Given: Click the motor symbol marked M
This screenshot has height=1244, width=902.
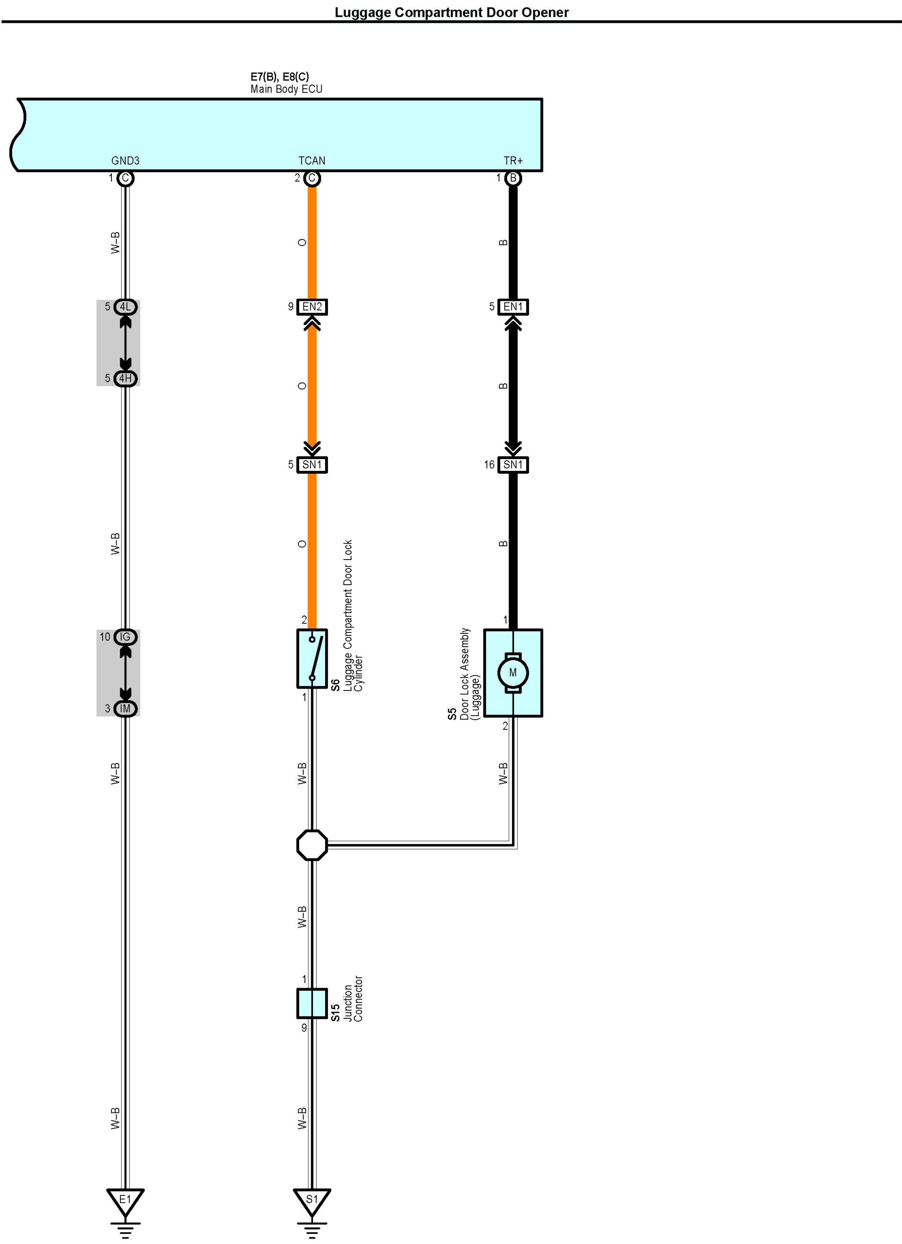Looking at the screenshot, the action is click(x=512, y=672).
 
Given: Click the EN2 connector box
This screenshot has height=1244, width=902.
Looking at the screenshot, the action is click(x=312, y=307).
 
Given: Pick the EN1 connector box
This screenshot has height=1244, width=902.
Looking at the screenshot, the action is click(x=513, y=307).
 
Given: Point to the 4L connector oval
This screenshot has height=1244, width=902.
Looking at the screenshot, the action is click(x=125, y=307).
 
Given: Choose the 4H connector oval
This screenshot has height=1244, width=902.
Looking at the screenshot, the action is click(x=125, y=379).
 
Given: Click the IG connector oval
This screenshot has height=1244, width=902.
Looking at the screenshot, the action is click(x=125, y=637).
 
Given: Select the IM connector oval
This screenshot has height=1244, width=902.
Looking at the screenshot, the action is click(x=125, y=709).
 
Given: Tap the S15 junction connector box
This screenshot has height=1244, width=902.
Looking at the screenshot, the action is click(x=312, y=1003).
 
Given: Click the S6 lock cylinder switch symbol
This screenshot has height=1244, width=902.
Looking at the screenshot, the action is click(x=312, y=658).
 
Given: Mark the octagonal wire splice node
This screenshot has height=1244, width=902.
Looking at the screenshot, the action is click(x=312, y=845).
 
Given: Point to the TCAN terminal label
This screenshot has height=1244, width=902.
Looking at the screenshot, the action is click(x=312, y=161).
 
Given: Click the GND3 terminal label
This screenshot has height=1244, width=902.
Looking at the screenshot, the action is click(x=125, y=161).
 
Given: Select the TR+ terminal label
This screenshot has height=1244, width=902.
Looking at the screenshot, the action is click(x=513, y=161).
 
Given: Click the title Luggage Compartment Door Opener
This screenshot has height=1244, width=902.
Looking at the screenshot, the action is click(x=452, y=12).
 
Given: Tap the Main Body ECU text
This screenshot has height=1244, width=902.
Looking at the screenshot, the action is click(x=287, y=89).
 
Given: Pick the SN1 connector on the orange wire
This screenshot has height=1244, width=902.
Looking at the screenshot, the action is click(x=312, y=465).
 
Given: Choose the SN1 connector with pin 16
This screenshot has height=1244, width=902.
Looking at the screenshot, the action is click(x=513, y=465).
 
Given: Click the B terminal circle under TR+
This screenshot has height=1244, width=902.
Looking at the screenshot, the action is click(x=513, y=178).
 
